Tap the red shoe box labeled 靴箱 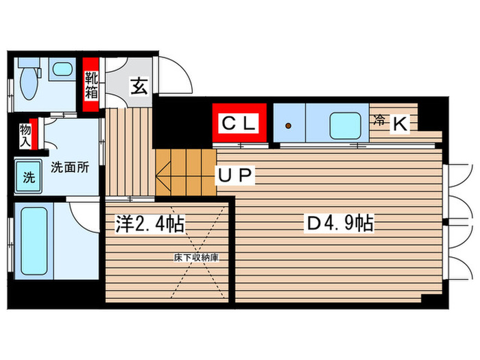91,86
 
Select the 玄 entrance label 139,87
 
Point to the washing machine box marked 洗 29,178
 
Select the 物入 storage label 26,135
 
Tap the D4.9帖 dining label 339,224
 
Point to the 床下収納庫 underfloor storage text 195,258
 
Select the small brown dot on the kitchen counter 289,125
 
